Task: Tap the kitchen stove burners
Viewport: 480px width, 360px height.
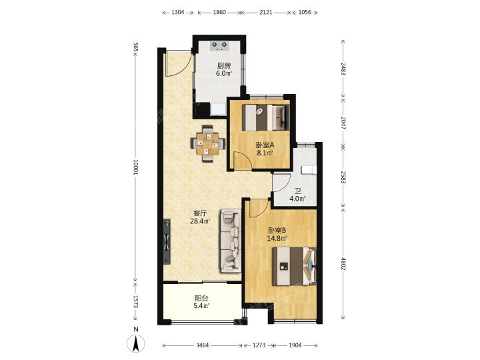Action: click(x=219, y=45)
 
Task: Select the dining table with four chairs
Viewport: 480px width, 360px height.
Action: click(x=208, y=143)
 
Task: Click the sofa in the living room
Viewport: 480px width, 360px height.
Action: click(x=231, y=241)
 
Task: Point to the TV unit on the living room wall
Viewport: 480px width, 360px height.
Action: click(x=167, y=241)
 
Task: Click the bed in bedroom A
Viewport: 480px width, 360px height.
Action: click(x=265, y=117)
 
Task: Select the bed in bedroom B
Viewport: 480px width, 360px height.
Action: click(x=294, y=266)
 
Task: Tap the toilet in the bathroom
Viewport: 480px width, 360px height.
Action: click(x=308, y=170)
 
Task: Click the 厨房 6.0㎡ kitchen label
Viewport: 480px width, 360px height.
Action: click(x=224, y=69)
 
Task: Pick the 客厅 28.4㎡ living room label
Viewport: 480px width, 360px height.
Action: click(x=200, y=217)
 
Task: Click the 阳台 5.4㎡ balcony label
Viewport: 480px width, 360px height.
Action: click(x=201, y=301)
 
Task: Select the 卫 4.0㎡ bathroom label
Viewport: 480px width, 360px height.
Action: click(x=298, y=195)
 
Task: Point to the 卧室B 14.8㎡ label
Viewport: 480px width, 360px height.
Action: click(x=277, y=234)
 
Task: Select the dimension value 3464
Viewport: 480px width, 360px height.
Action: click(x=203, y=345)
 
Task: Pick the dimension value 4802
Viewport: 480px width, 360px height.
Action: click(x=343, y=263)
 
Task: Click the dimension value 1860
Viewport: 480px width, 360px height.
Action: click(x=219, y=13)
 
